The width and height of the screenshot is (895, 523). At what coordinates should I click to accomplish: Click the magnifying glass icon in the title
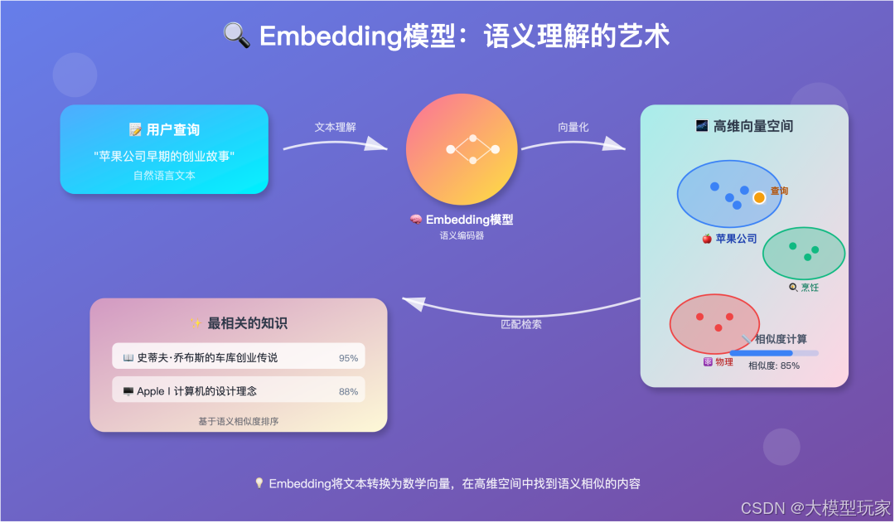(x=238, y=36)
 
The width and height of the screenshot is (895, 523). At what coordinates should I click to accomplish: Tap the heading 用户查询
(x=172, y=130)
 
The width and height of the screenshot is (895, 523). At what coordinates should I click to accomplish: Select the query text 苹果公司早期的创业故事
(x=164, y=156)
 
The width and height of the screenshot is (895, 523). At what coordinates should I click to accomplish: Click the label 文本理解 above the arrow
(x=335, y=127)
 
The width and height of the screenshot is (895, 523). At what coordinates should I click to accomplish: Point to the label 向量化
(x=573, y=127)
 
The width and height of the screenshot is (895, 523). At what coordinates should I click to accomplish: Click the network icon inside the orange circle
(x=472, y=149)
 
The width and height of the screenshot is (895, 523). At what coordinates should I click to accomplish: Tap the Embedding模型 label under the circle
(x=469, y=220)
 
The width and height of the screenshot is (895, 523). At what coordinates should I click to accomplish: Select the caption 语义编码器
(x=462, y=235)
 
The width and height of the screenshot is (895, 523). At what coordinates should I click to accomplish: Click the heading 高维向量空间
(x=752, y=126)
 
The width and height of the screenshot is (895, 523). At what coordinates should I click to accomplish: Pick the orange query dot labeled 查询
(x=759, y=197)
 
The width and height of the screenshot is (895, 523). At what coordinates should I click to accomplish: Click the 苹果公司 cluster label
(x=736, y=239)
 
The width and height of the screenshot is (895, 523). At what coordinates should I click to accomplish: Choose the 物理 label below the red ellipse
(x=723, y=362)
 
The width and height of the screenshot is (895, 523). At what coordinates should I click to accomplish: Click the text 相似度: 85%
(x=773, y=366)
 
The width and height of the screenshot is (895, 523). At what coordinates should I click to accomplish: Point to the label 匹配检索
(x=521, y=324)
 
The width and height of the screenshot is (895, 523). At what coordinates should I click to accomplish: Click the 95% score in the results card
(x=348, y=358)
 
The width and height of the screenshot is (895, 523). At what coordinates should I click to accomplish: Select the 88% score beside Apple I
(x=348, y=391)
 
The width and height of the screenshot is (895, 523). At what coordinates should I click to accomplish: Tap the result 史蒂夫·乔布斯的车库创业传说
(x=207, y=358)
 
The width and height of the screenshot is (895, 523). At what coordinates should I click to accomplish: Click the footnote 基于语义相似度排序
(x=238, y=421)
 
